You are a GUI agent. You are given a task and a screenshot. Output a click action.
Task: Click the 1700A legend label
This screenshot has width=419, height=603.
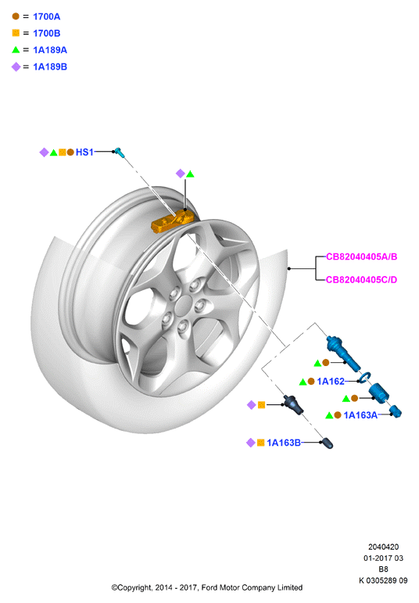47,16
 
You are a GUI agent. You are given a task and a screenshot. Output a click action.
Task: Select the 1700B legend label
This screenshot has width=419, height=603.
47,34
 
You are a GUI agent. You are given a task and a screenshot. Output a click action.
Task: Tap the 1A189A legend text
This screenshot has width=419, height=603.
50,50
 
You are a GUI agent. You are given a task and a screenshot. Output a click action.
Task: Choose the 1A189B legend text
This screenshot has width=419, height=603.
50,67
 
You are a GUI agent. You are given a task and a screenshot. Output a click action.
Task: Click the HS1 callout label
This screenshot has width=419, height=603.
84,153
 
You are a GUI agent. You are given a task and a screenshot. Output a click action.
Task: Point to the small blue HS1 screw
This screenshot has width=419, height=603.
119,153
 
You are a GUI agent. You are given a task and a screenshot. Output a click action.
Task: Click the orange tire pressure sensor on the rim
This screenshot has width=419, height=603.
171,222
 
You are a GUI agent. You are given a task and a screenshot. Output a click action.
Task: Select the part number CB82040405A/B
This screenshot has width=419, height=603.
361,257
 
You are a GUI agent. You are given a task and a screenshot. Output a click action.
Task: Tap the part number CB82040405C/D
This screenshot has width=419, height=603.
361,279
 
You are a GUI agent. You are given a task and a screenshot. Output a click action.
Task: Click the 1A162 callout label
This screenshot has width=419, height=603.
331,382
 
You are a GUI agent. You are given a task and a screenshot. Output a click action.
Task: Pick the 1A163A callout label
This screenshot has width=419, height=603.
360,415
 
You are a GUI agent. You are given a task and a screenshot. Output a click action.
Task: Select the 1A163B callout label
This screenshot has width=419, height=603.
284,443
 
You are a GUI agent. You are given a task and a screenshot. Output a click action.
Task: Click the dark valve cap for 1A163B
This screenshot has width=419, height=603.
328,443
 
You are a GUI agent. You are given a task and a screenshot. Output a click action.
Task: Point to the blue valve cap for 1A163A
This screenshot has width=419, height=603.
396,411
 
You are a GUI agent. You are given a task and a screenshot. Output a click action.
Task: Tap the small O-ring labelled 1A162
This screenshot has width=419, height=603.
364,377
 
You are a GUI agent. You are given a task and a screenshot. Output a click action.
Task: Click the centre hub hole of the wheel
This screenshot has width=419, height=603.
186,303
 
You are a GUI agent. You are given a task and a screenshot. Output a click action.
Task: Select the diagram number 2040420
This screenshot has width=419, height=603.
383,547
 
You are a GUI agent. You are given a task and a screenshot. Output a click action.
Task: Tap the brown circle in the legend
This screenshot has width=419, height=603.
16,16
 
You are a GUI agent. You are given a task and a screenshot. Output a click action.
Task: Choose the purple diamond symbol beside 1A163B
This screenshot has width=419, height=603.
251,443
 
